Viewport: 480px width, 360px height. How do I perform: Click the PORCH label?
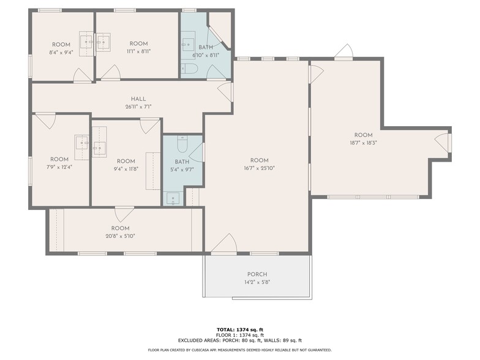point(257,274)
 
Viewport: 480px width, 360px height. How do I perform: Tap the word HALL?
point(138,99)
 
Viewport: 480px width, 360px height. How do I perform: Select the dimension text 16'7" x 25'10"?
point(260,168)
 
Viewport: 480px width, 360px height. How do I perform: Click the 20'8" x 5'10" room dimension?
point(121,236)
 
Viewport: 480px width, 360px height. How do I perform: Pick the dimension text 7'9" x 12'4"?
point(59,167)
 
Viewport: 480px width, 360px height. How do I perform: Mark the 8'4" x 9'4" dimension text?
point(61,52)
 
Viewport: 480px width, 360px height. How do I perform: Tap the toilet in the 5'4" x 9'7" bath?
point(182,144)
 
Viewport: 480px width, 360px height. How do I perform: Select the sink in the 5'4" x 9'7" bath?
point(173,198)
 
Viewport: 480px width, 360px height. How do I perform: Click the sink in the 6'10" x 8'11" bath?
point(188,44)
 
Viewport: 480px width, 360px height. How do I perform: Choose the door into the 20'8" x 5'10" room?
point(124,214)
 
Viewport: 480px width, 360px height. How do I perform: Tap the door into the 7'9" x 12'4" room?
point(45,120)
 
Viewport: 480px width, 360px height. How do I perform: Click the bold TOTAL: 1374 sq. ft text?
point(240,329)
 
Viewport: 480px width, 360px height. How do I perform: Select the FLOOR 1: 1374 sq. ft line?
point(240,335)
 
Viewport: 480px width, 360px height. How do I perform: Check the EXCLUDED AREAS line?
point(240,340)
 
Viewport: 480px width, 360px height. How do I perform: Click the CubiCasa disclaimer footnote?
point(240,350)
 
